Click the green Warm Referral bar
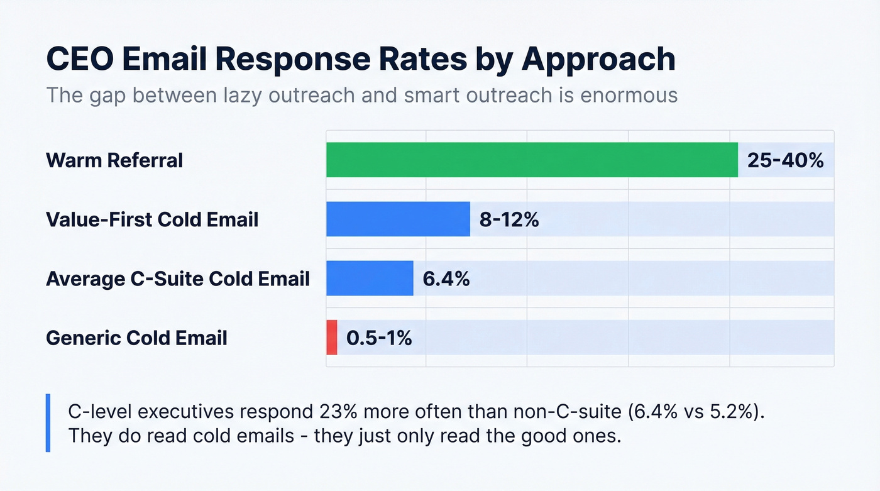click(x=531, y=160)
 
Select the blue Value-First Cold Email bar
click(x=398, y=219)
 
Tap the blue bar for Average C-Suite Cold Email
click(x=370, y=278)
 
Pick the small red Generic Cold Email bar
click(x=332, y=338)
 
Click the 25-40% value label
click(x=785, y=160)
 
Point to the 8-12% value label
click(x=509, y=219)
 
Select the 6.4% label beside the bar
click(x=446, y=279)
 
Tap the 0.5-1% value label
click(x=379, y=338)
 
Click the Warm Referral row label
click(x=114, y=160)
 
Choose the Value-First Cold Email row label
click(x=152, y=219)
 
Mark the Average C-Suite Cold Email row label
click(x=178, y=279)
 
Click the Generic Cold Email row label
click(x=136, y=338)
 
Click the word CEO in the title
click(x=84, y=59)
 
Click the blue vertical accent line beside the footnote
click(x=48, y=423)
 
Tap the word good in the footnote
click(x=529, y=436)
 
